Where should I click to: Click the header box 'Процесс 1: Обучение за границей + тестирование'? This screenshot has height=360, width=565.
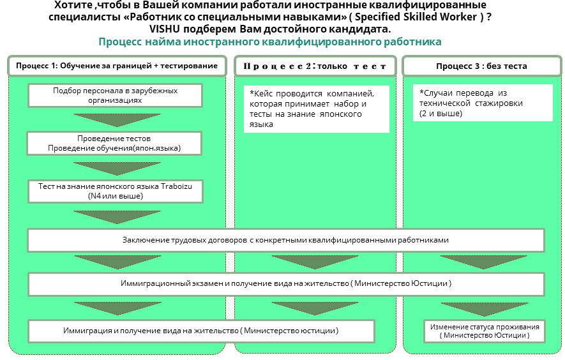pos(117,66)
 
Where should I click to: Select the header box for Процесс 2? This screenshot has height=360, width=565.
pos(315,66)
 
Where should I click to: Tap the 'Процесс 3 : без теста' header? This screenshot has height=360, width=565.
pos(481,66)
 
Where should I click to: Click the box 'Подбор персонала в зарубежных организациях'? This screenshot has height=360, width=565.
pos(116,95)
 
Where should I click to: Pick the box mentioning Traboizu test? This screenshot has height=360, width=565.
pos(116,191)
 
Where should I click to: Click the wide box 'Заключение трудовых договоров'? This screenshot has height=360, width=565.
pos(285,240)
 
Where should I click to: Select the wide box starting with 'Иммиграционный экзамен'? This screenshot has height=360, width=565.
pos(285,283)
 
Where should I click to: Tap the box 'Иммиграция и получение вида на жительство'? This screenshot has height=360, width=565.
pos(200,331)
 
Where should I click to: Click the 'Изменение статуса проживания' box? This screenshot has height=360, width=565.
pos(485,331)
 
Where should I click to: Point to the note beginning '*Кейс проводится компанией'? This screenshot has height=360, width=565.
pos(317,109)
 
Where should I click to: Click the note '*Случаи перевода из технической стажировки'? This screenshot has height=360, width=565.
pos(481,103)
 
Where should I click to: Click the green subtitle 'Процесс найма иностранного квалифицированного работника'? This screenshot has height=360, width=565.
pos(270,42)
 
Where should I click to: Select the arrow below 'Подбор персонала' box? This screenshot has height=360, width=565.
pos(116,119)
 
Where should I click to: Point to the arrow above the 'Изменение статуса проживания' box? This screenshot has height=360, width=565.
pos(485,308)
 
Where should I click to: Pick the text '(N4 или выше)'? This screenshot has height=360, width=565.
pos(116,196)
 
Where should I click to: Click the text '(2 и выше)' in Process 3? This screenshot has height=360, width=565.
pos(441,113)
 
